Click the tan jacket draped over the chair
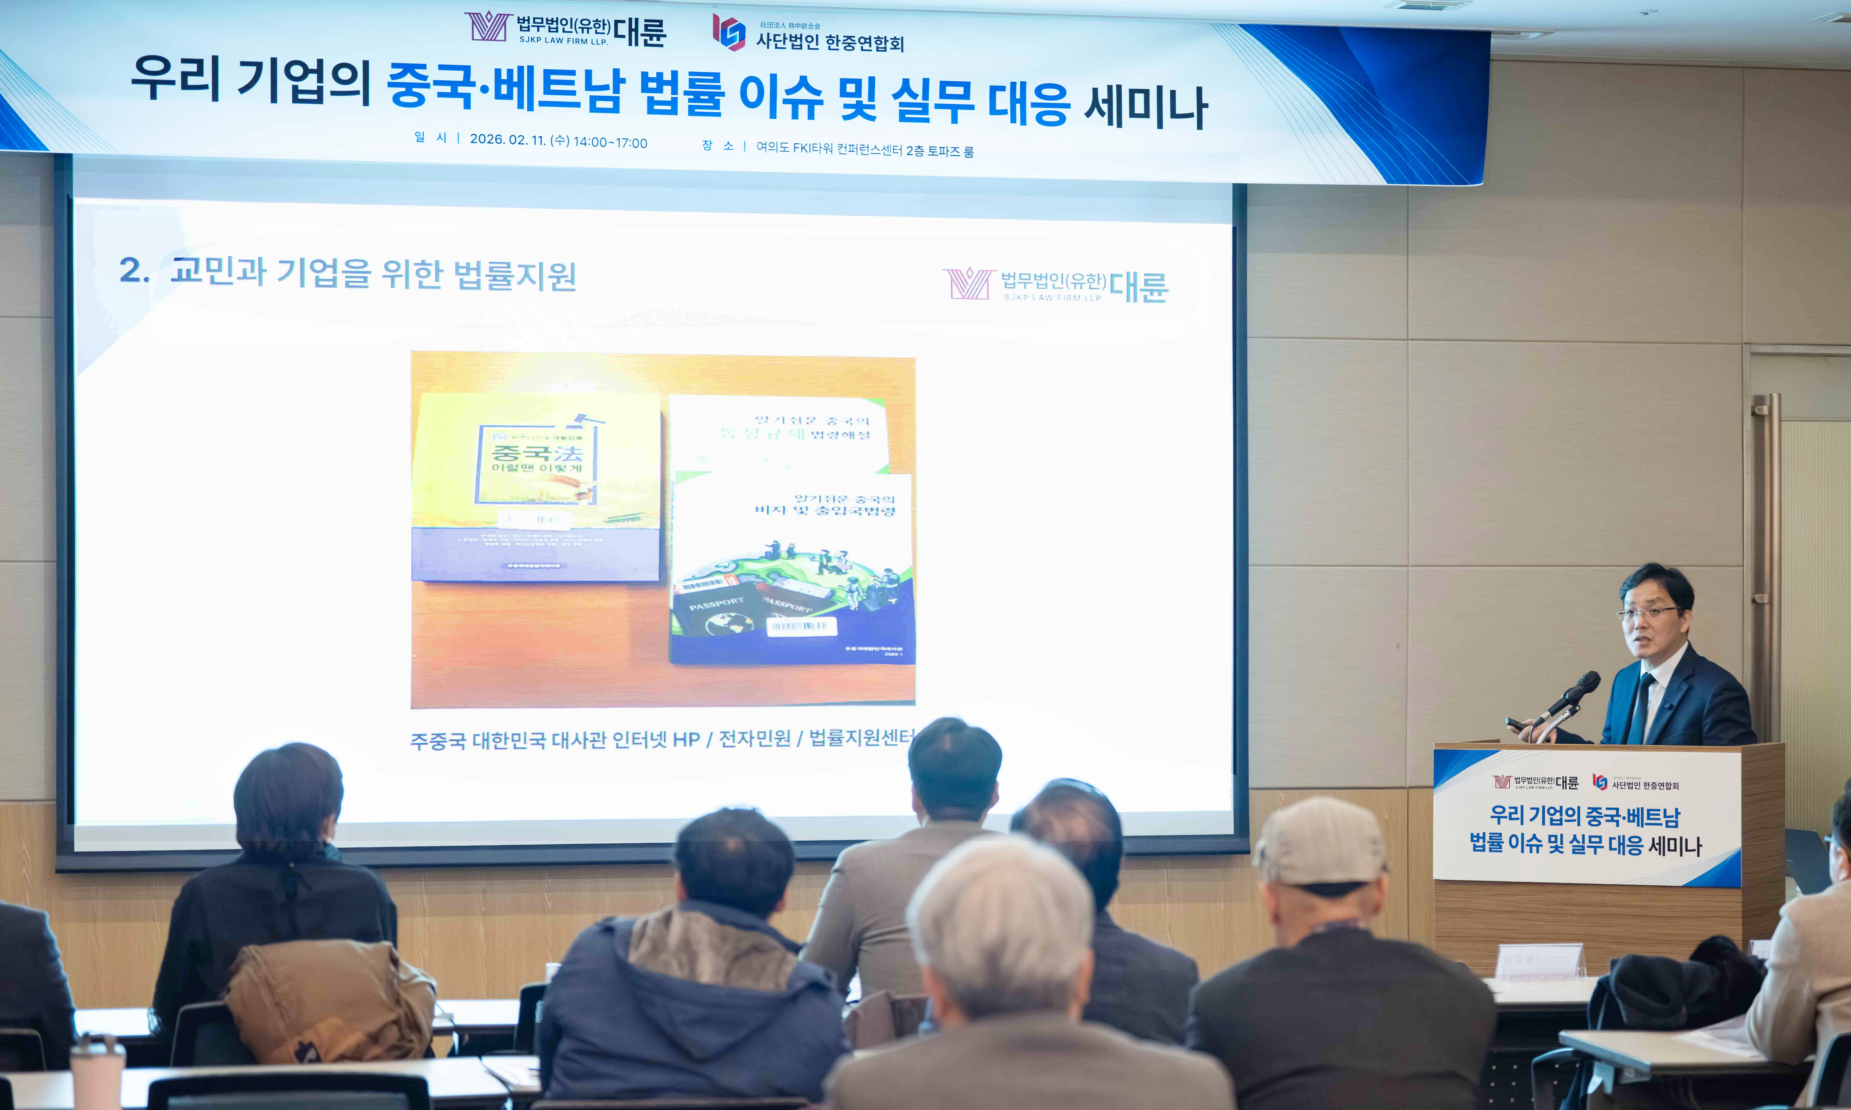point(329,1002)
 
